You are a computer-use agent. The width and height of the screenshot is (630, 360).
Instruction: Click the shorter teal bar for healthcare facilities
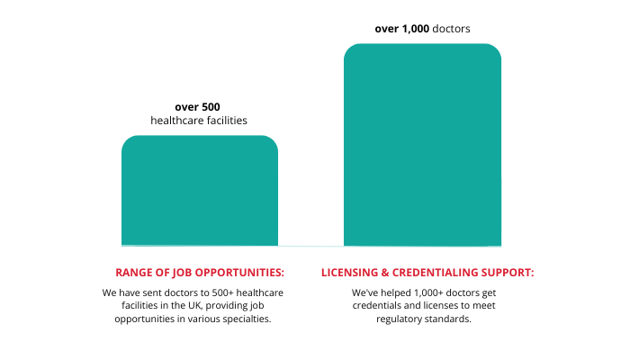point(200,190)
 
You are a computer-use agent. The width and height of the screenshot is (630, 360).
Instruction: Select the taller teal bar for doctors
point(422,144)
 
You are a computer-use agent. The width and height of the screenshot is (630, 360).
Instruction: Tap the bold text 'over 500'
point(197,106)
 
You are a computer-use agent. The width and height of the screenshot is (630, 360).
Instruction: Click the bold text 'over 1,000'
point(401,29)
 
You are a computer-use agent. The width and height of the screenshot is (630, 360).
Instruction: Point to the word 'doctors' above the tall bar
point(451,29)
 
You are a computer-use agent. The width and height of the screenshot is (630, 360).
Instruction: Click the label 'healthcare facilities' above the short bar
point(199,120)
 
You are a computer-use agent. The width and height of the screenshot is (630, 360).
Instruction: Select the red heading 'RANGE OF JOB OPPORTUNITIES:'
point(200,273)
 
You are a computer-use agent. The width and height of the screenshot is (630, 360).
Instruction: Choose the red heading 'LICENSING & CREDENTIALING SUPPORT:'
point(427,273)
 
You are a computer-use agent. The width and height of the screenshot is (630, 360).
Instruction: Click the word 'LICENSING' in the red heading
point(352,273)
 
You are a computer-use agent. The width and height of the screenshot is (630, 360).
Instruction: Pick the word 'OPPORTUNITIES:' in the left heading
point(239,273)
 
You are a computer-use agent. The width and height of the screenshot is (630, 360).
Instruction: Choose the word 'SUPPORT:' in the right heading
point(508,273)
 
